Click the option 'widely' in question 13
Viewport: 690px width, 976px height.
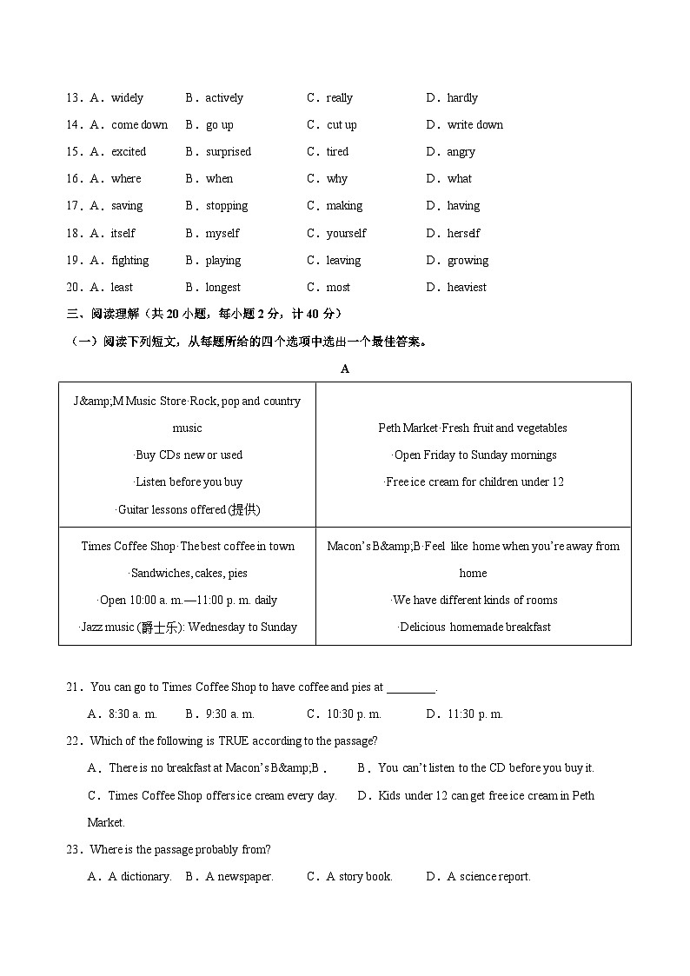(127, 98)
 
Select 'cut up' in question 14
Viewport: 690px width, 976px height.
(342, 125)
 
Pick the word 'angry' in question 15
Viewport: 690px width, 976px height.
(461, 152)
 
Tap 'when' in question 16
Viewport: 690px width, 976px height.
(219, 179)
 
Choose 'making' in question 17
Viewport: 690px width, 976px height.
(344, 206)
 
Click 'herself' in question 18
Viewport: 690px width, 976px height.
(463, 234)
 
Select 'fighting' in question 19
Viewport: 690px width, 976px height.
(129, 261)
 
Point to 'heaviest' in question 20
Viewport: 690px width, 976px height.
(467, 288)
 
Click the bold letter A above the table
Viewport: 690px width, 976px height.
(345, 368)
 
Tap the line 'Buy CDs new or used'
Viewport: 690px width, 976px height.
(188, 455)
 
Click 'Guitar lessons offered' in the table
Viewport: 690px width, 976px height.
(188, 509)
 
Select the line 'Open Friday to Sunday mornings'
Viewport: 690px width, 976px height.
(474, 455)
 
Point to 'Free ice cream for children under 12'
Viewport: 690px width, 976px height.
(474, 482)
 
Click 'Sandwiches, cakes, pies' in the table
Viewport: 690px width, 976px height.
(188, 574)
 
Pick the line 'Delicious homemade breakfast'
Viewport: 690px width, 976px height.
(474, 627)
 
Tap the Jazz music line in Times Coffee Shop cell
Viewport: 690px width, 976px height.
(188, 627)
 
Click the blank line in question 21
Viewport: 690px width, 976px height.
(411, 688)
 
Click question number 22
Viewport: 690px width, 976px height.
(74, 741)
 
